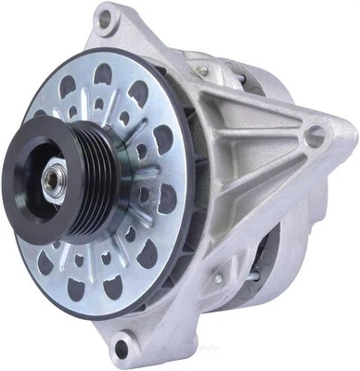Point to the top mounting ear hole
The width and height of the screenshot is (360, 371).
click(105, 17)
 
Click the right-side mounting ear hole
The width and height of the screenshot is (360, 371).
click(315, 135)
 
